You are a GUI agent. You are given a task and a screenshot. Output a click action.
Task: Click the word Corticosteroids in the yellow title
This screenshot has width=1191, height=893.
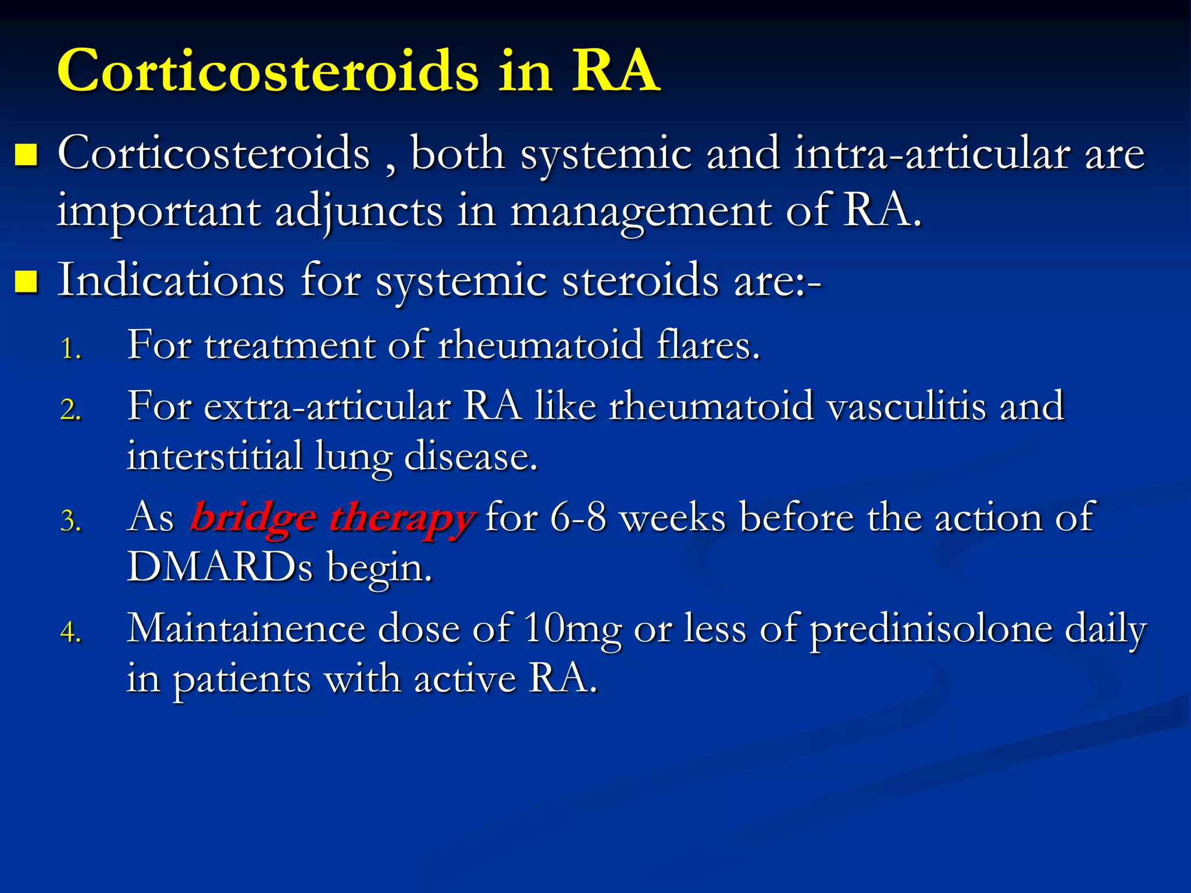[x=268, y=71]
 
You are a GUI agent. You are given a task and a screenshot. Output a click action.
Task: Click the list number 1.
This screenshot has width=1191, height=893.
[x=70, y=349]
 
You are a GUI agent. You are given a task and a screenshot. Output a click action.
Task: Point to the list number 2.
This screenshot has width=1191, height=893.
[x=70, y=410]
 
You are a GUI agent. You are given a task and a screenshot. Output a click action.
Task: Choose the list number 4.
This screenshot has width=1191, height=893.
[x=70, y=633]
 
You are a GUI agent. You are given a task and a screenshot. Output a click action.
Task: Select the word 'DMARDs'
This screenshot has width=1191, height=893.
[x=220, y=567]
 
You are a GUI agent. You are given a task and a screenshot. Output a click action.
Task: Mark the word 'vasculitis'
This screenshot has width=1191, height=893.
[x=906, y=406]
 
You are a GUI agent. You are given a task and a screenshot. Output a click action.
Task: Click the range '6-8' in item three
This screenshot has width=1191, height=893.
[x=577, y=517]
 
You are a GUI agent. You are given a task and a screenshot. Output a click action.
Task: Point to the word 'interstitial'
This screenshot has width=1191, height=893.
[x=215, y=456]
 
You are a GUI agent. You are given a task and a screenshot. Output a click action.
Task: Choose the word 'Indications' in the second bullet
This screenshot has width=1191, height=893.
[x=171, y=280]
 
